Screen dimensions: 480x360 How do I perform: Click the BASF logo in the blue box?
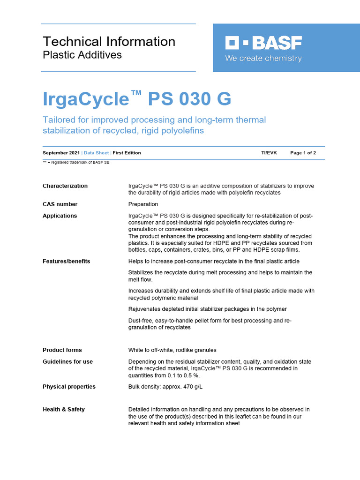pyautogui.click(x=263, y=44)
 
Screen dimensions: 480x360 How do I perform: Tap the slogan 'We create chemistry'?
pyautogui.click(x=263, y=59)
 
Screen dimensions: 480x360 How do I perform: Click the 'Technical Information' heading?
pyautogui.click(x=109, y=41)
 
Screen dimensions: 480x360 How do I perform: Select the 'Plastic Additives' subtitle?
pyautogui.click(x=82, y=55)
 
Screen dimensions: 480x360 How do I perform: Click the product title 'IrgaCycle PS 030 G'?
pyautogui.click(x=137, y=99)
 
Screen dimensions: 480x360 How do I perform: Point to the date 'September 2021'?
pyautogui.click(x=61, y=153)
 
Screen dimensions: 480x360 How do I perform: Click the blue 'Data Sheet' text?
pyautogui.click(x=96, y=153)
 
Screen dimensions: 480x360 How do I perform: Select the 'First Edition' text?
pyautogui.click(x=127, y=153)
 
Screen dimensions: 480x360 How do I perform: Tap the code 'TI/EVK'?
pyautogui.click(x=269, y=153)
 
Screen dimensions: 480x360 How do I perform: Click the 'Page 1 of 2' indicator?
pyautogui.click(x=303, y=153)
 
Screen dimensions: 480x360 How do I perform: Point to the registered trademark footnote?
pyautogui.click(x=76, y=162)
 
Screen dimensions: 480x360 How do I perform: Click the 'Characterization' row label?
pyautogui.click(x=65, y=186)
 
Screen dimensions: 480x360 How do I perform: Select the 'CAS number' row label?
pyautogui.click(x=60, y=204)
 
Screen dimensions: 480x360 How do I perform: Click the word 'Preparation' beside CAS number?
pyautogui.click(x=143, y=204)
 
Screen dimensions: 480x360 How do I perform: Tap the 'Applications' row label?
pyautogui.click(x=60, y=216)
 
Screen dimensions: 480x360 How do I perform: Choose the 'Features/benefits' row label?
pyautogui.click(x=66, y=261)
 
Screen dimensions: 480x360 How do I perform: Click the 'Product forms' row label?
pyautogui.click(x=62, y=350)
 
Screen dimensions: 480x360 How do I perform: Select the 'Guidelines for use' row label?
pyautogui.click(x=67, y=362)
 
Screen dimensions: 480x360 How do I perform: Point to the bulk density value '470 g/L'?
pyautogui.click(x=193, y=387)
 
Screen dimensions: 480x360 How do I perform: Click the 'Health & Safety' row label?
pyautogui.click(x=64, y=410)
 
